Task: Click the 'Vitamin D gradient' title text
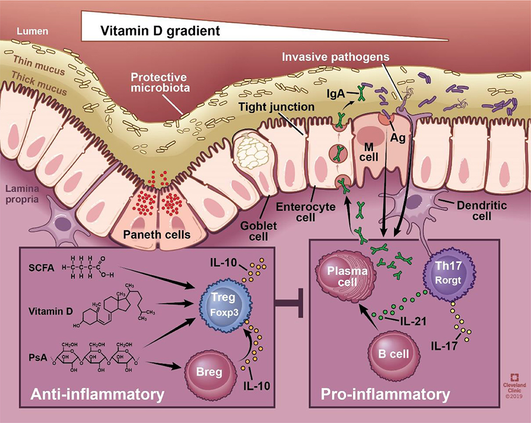coord(160,31)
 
